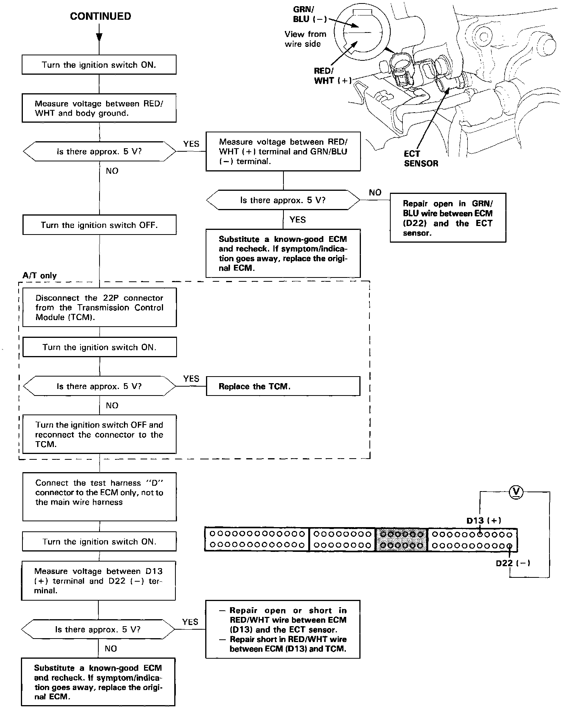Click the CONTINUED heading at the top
[x=100, y=16]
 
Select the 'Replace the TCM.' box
[x=283, y=386]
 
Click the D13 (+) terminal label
[x=484, y=521]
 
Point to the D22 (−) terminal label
[x=513, y=563]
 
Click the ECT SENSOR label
[x=421, y=159]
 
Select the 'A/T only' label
[x=39, y=276]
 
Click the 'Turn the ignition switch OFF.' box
[x=99, y=225]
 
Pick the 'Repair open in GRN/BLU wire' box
[x=448, y=218]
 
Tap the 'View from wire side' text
[x=305, y=39]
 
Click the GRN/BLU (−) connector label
[x=310, y=15]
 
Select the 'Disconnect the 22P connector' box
[x=99, y=308]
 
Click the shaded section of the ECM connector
[x=402, y=539]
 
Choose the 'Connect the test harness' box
[x=99, y=497]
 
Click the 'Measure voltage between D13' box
[x=98, y=581]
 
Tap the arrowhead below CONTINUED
[x=99, y=37]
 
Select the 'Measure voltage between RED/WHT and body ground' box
[x=99, y=108]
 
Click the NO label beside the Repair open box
[x=375, y=192]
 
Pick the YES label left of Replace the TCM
[x=191, y=378]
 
